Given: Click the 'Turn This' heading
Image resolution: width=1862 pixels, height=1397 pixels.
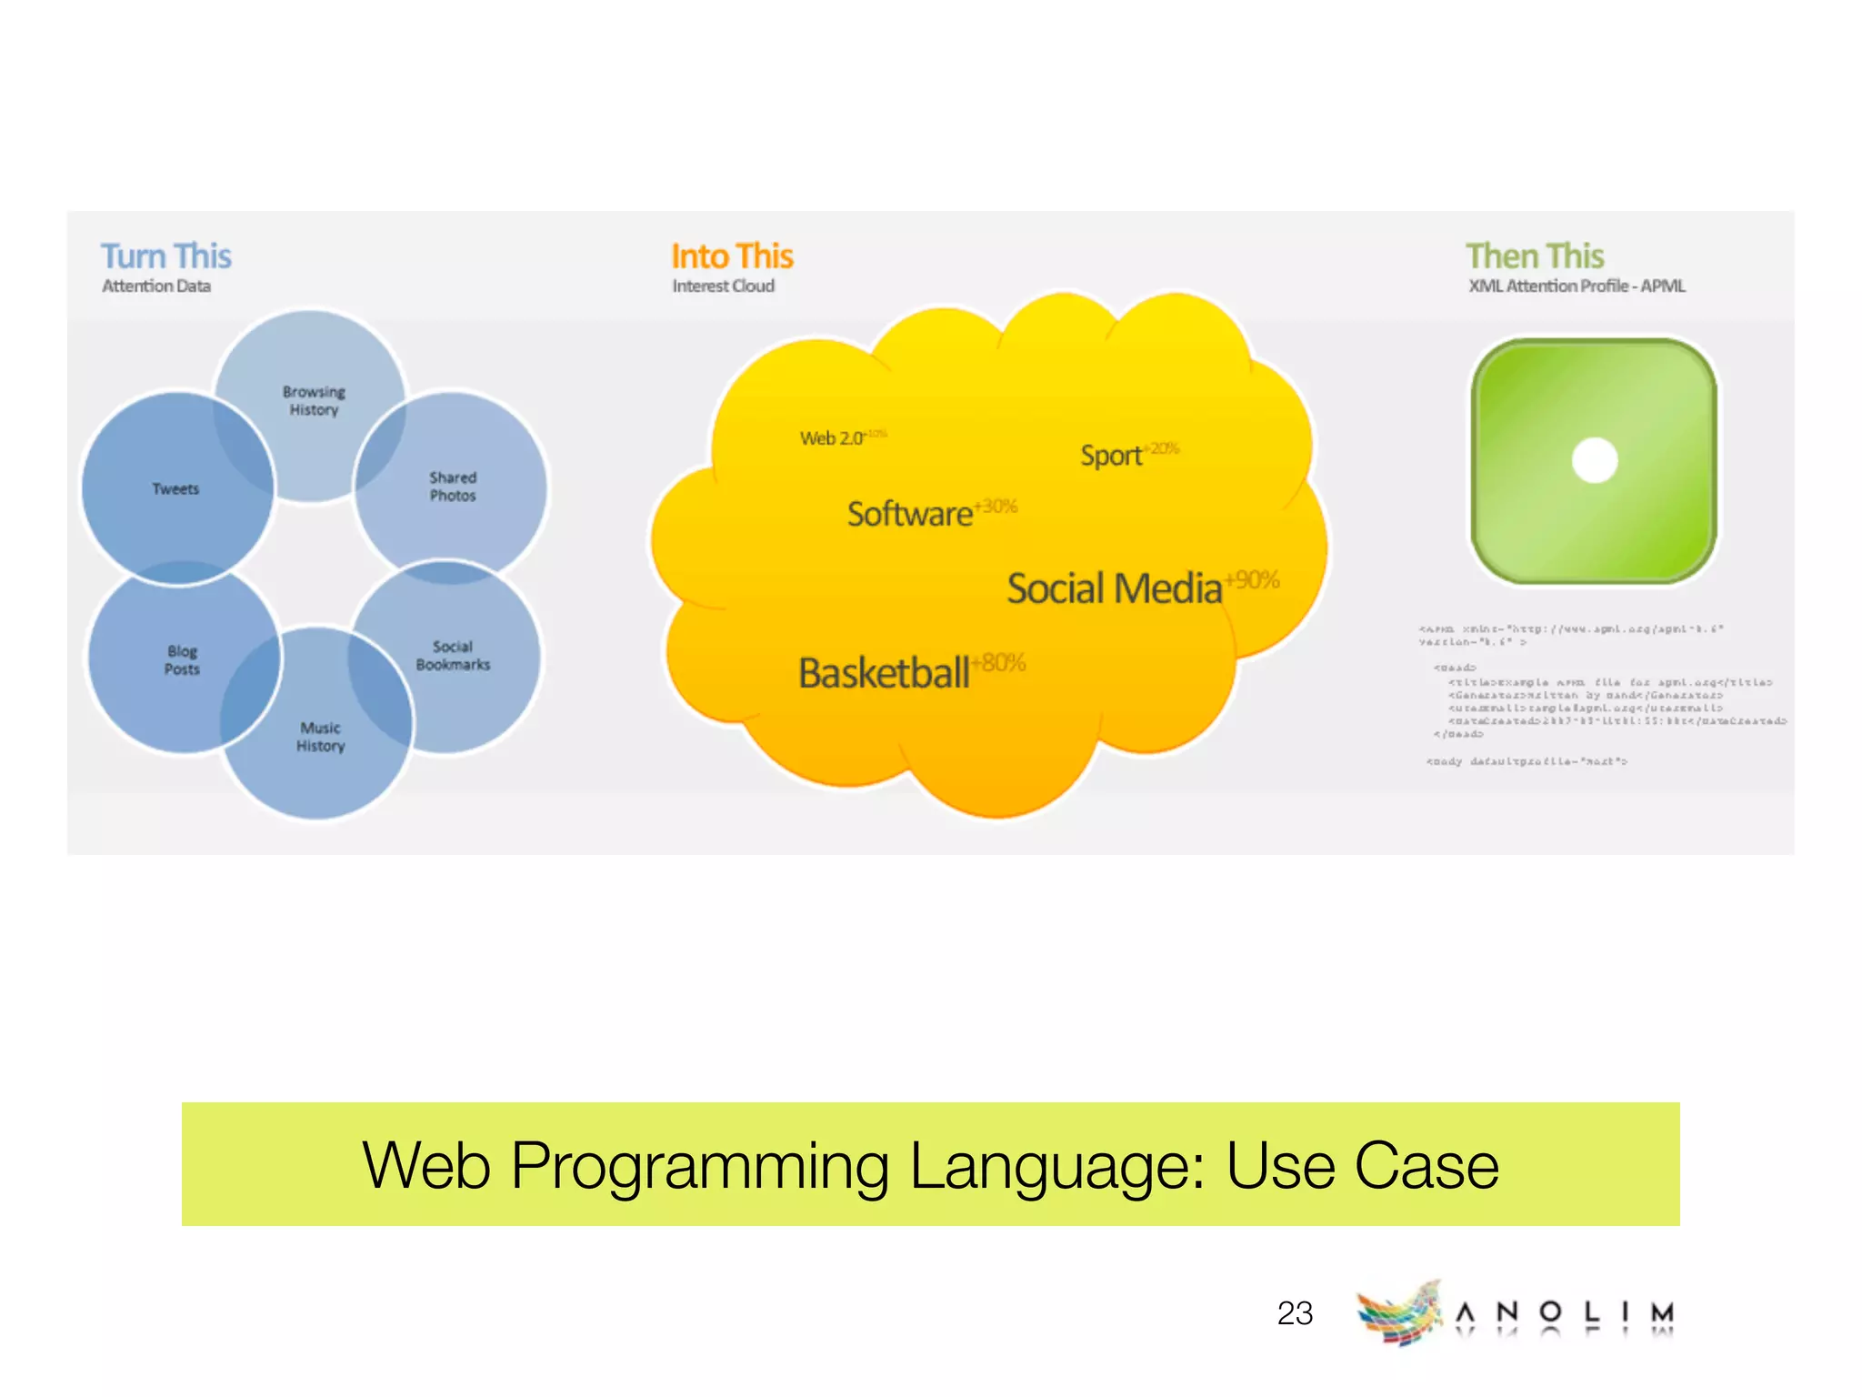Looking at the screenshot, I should [x=165, y=256].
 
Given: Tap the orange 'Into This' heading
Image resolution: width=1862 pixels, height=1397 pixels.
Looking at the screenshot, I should [x=732, y=256].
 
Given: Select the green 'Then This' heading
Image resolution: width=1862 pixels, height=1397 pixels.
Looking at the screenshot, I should [x=1535, y=256].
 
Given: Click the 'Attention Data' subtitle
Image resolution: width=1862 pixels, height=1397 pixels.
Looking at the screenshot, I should [x=156, y=286].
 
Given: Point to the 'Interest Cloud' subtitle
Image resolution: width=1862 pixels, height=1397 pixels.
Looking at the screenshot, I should [x=723, y=286].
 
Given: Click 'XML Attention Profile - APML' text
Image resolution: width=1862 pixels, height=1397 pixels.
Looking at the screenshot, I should [x=1577, y=286].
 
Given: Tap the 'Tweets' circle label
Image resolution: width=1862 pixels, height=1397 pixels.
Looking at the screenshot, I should [x=175, y=489].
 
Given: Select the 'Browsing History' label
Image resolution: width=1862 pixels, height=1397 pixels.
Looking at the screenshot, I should [x=314, y=401].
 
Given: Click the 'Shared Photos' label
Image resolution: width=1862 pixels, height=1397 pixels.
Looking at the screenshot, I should [x=453, y=487].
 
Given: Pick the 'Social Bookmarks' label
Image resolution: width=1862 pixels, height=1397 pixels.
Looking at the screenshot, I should [x=453, y=656].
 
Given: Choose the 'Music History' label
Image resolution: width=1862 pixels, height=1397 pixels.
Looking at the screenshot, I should [x=320, y=737].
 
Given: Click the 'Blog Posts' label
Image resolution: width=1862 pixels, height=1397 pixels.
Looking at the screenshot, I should [x=182, y=660].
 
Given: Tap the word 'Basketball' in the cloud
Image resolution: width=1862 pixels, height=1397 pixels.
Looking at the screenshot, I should [x=884, y=674].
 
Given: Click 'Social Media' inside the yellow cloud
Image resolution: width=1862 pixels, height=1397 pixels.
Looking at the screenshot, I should [x=1114, y=589].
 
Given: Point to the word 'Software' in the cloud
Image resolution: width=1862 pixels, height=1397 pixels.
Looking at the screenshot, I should [x=909, y=515].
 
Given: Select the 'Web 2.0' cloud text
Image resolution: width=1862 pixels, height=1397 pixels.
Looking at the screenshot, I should [x=831, y=438].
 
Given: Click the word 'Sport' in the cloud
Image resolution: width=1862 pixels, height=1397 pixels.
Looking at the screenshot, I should [x=1110, y=456].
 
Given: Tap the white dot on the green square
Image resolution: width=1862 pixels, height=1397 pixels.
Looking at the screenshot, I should [x=1595, y=460].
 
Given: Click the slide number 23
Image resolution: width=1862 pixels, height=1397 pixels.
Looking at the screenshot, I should [x=1295, y=1313].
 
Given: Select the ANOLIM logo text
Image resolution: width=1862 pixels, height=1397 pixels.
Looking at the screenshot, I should [x=1564, y=1312].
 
